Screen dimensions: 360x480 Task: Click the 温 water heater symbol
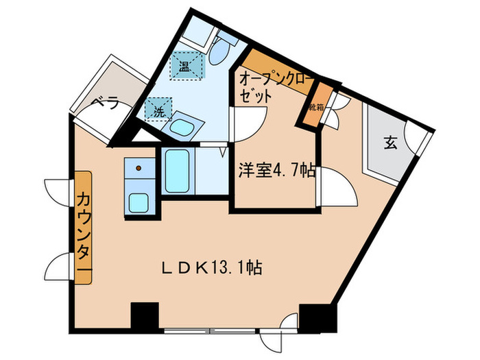click(186, 67)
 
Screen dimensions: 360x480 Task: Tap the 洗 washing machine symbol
click(158, 108)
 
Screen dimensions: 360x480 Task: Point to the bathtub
click(178, 171)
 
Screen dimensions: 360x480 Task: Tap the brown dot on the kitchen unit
click(139, 167)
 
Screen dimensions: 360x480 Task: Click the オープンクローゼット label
click(272, 88)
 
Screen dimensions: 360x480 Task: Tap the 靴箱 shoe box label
click(316, 107)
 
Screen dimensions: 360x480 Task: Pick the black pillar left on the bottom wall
click(144, 316)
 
